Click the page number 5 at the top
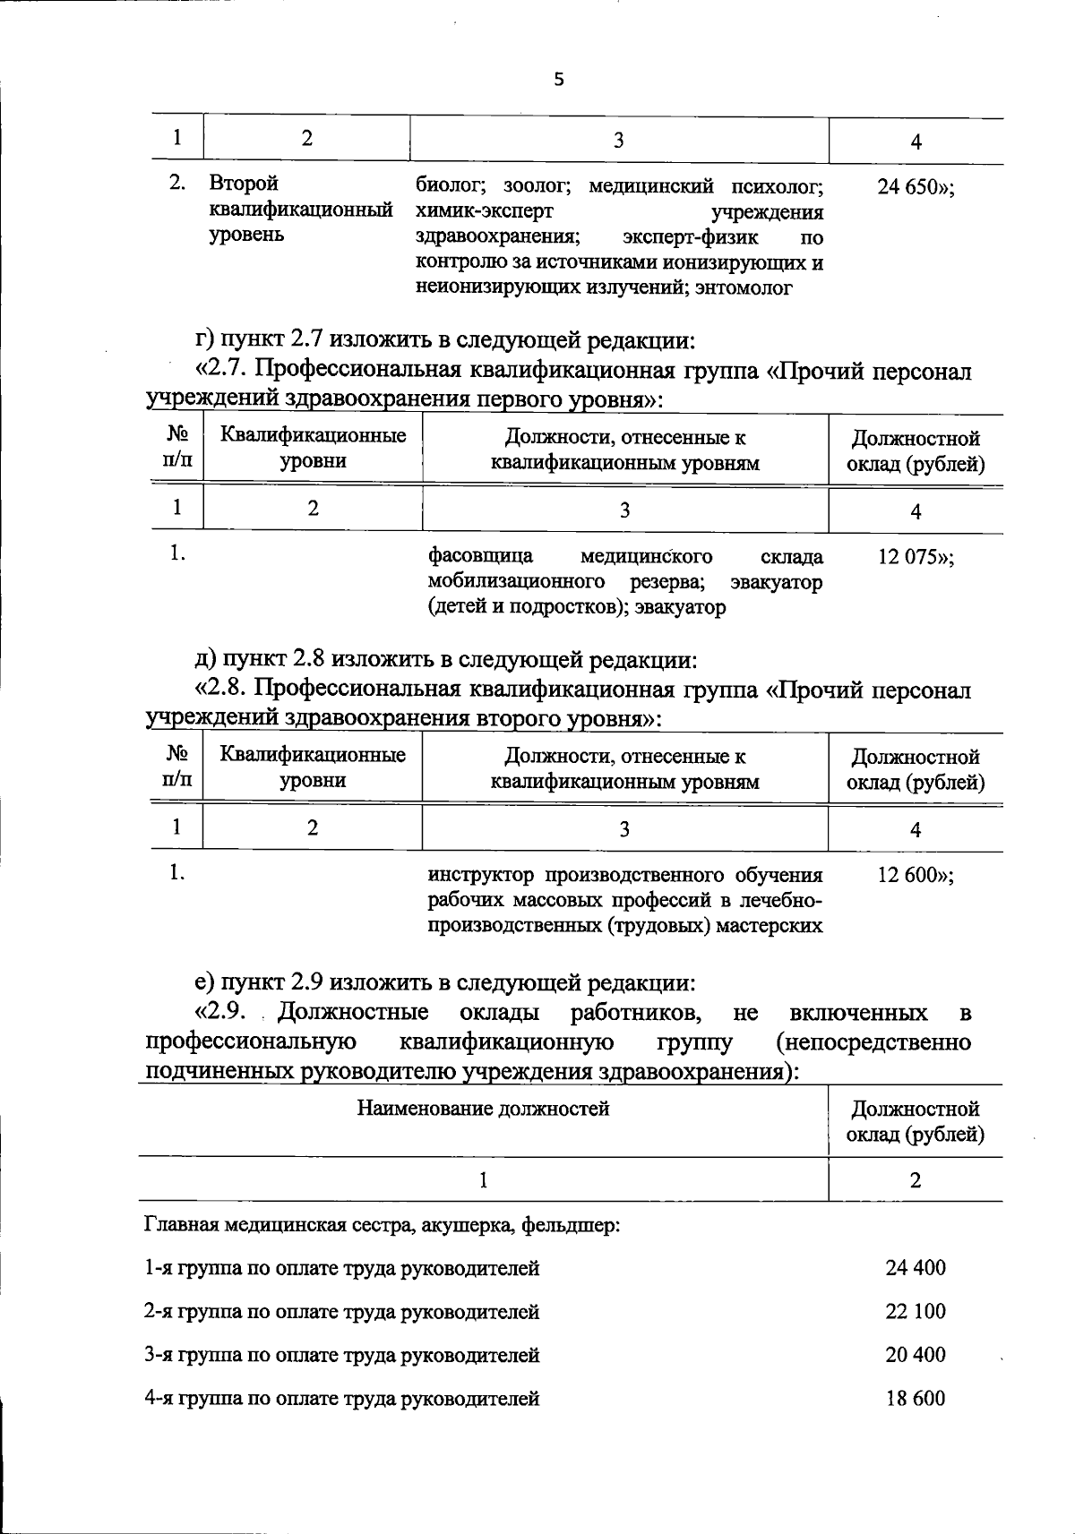point(559,80)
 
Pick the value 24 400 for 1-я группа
point(915,1267)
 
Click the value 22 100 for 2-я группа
point(915,1311)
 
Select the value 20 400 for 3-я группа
point(915,1354)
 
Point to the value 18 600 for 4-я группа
point(915,1398)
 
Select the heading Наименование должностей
point(483,1109)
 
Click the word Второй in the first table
point(243,184)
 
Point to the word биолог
point(451,186)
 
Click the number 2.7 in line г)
point(306,340)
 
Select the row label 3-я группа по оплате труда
point(341,1355)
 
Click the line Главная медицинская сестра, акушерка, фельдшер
point(383,1224)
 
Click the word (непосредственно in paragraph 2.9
point(873,1042)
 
